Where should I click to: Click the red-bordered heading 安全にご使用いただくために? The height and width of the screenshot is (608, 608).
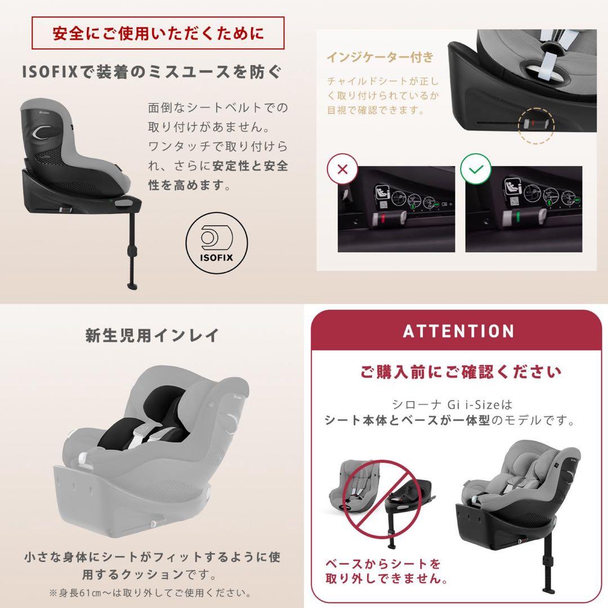(x=158, y=33)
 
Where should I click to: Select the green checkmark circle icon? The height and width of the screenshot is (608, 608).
(x=476, y=169)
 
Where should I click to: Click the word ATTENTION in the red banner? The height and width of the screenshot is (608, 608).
(x=458, y=331)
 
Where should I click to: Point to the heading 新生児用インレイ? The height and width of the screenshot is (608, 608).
(x=152, y=336)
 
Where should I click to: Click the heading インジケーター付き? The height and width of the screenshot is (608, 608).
(x=380, y=57)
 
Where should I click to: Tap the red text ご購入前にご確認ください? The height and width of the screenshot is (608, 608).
(x=461, y=372)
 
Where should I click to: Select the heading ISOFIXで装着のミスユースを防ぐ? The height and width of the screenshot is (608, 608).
(x=151, y=73)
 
